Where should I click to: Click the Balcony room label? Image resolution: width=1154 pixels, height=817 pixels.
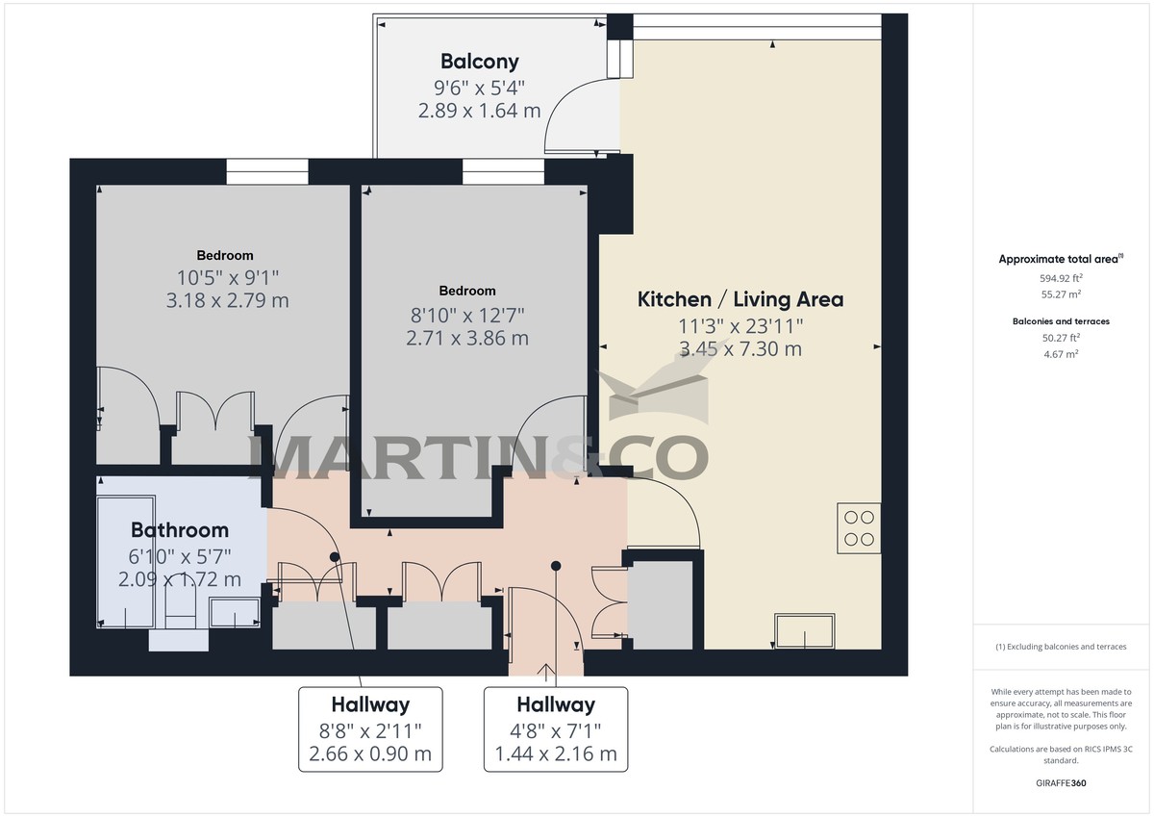click(479, 62)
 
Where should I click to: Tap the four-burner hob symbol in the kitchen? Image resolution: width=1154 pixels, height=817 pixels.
click(859, 528)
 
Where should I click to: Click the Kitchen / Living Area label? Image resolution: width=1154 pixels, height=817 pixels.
click(740, 299)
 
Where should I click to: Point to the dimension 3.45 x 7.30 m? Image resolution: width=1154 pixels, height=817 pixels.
click(740, 349)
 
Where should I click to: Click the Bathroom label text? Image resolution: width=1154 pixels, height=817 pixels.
click(180, 530)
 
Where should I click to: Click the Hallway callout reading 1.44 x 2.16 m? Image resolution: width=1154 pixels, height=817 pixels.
click(555, 753)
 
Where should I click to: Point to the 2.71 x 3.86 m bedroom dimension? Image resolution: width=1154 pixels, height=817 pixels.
click(467, 339)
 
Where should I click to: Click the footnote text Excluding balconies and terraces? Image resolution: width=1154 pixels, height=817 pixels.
click(1061, 647)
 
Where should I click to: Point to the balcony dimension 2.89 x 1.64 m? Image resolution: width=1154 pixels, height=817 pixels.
click(479, 111)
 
